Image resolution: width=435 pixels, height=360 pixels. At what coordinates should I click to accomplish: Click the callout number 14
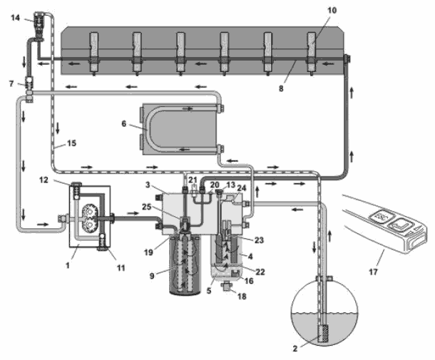click(15, 18)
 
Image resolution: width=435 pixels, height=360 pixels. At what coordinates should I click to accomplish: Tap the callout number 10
click(332, 10)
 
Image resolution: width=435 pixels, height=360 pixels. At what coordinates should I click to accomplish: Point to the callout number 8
click(281, 88)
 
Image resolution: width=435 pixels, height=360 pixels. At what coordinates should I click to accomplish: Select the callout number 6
click(124, 124)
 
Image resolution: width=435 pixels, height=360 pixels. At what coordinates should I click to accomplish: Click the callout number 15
click(71, 143)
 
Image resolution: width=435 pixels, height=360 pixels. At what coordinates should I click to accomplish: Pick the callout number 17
click(373, 272)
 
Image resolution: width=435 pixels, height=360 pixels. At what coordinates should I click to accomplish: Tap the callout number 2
click(295, 349)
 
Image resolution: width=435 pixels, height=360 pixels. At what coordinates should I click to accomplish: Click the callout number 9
click(152, 276)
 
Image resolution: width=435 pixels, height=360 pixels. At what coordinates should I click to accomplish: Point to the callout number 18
click(242, 297)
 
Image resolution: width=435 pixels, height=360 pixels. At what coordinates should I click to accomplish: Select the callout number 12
click(43, 180)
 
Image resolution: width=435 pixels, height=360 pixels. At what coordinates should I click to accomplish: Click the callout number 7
click(11, 83)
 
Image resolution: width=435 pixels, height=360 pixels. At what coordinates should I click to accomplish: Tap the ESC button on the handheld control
click(380, 215)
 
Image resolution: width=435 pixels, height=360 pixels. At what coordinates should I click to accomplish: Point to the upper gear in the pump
click(89, 212)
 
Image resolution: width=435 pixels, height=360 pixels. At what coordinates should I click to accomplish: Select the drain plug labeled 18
click(227, 286)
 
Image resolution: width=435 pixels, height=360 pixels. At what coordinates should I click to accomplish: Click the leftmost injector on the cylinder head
click(93, 54)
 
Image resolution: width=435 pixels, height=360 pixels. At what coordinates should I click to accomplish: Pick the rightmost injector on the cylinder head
click(311, 54)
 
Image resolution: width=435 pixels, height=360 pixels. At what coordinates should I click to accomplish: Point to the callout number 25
click(147, 207)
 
